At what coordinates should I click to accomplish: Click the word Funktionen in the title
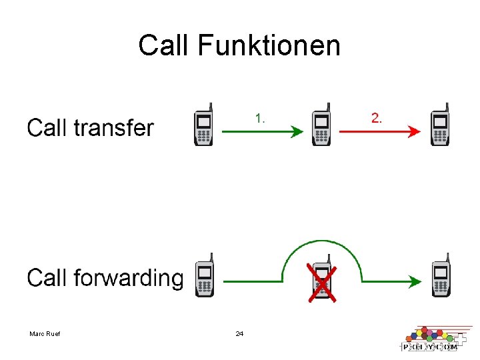pyautogui.click(x=269, y=46)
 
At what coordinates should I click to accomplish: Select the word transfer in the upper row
pyautogui.click(x=113, y=127)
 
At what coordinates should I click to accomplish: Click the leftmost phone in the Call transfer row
pyautogui.click(x=204, y=126)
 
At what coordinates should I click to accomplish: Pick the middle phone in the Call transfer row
pyautogui.click(x=321, y=126)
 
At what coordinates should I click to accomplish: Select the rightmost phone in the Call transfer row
pyautogui.click(x=439, y=126)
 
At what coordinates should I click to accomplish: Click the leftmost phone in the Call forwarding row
pyautogui.click(x=205, y=276)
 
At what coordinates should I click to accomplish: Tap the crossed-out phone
pyautogui.click(x=321, y=280)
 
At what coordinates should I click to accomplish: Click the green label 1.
pyautogui.click(x=260, y=119)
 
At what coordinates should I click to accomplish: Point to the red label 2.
pyautogui.click(x=377, y=119)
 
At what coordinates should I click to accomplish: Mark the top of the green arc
pyautogui.click(x=321, y=241)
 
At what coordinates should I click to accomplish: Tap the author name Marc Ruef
pyautogui.click(x=45, y=333)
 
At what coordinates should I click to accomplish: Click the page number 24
pyautogui.click(x=239, y=333)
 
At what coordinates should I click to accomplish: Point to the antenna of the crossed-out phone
pyautogui.click(x=328, y=259)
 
